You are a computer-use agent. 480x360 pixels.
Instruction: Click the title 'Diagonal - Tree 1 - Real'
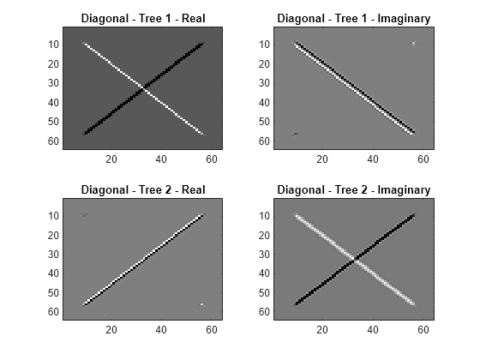[x=143, y=19]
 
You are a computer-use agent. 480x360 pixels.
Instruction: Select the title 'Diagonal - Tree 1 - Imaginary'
[x=354, y=19]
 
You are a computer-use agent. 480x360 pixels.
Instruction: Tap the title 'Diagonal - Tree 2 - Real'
[x=143, y=189]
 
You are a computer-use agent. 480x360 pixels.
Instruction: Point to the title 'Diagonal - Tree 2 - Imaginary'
[x=354, y=189]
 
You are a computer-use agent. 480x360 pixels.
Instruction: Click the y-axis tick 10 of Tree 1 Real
[x=53, y=45]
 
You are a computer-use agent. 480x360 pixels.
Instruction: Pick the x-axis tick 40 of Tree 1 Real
[x=161, y=159]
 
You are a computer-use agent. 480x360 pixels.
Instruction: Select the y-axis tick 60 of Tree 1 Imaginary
[x=264, y=141]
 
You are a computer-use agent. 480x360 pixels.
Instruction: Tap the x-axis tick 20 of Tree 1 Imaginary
[x=322, y=159]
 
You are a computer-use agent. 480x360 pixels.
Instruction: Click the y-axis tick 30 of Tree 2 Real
[x=53, y=255]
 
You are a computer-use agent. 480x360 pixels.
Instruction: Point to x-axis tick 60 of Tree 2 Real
[x=212, y=330]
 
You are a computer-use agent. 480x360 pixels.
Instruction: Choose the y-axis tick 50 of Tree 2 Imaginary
[x=264, y=293]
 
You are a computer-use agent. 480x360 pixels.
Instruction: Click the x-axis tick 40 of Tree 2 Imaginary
[x=373, y=330]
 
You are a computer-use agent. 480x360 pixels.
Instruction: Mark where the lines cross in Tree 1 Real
[x=143, y=89]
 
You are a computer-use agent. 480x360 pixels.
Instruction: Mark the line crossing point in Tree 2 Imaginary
[x=355, y=260]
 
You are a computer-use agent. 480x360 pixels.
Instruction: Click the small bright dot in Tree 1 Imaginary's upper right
[x=413, y=44]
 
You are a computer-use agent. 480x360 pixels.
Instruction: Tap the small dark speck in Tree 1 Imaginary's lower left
[x=295, y=134]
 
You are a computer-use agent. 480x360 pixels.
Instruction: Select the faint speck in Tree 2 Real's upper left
[x=84, y=214]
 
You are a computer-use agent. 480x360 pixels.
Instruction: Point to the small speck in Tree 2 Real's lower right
[x=202, y=304]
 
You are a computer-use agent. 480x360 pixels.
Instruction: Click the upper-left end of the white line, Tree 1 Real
[x=84, y=44]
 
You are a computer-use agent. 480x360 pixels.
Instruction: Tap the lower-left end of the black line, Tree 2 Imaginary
[x=296, y=304]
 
